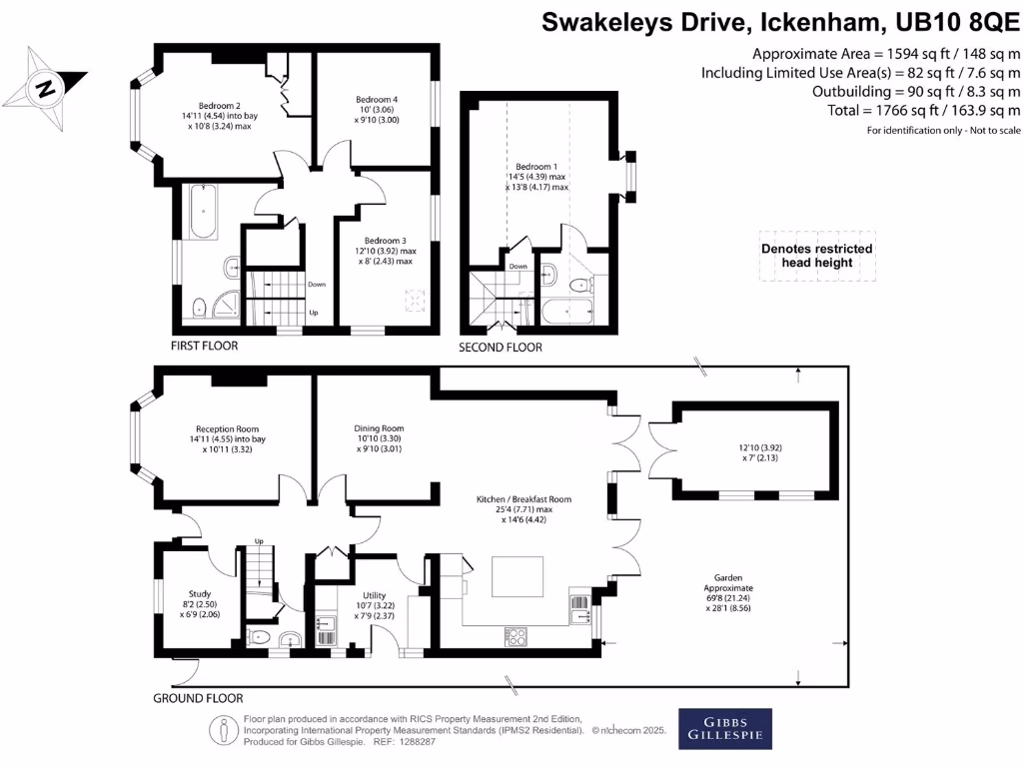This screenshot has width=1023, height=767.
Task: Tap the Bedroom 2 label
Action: pyautogui.click(x=219, y=106)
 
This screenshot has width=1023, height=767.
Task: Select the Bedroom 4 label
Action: pyautogui.click(x=377, y=99)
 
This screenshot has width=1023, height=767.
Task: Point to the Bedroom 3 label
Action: pyautogui.click(x=385, y=241)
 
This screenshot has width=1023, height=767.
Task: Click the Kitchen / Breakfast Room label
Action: pyautogui.click(x=524, y=498)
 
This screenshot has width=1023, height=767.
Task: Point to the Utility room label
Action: pyautogui.click(x=372, y=593)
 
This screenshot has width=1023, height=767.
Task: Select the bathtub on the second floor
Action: pyautogui.click(x=566, y=313)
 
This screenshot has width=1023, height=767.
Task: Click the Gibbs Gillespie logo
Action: pyautogui.click(x=724, y=728)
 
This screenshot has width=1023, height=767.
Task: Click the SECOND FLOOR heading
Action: pyautogui.click(x=500, y=348)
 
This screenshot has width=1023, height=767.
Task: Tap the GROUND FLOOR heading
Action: pyautogui.click(x=198, y=698)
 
